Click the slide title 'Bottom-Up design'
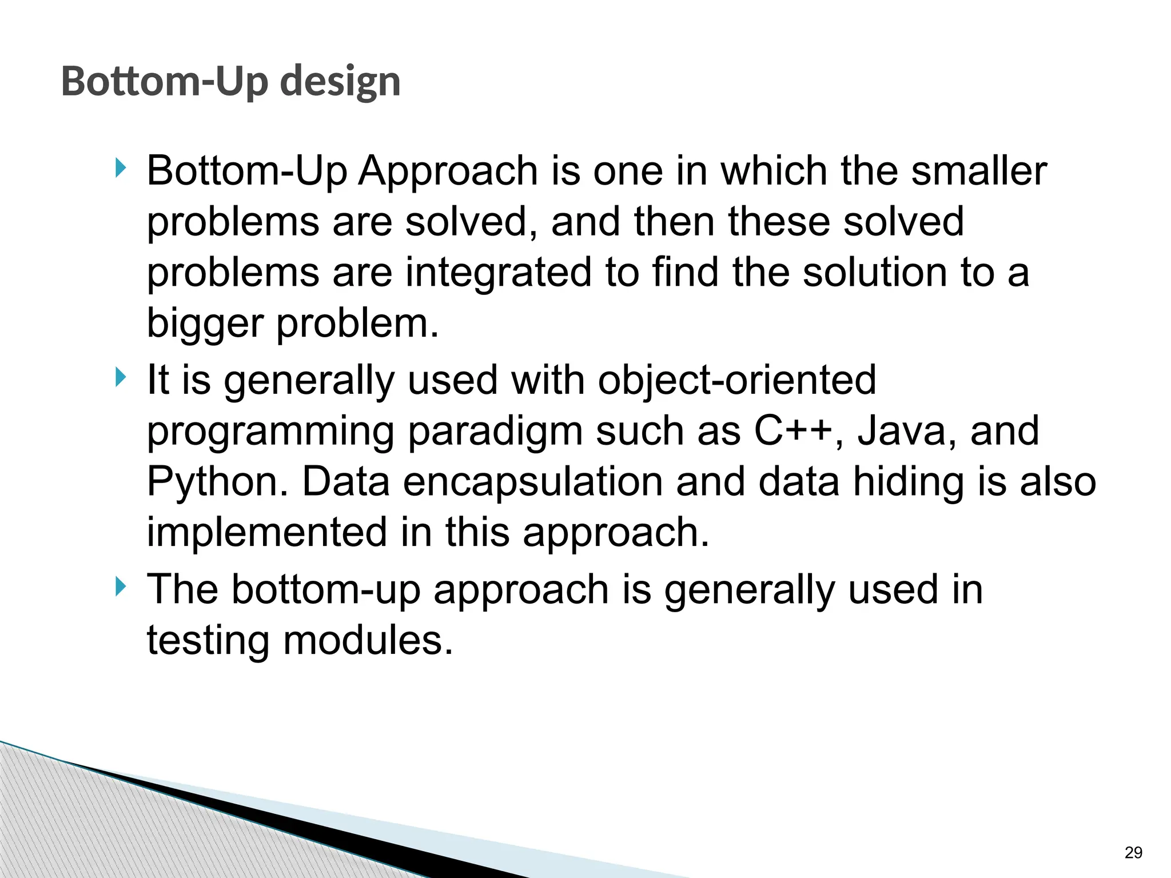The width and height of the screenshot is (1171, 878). pyautogui.click(x=230, y=82)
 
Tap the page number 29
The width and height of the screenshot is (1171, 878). pyautogui.click(x=1133, y=853)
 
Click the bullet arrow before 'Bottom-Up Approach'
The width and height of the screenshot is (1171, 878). pyautogui.click(x=119, y=168)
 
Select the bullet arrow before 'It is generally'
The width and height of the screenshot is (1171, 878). pyautogui.click(x=119, y=377)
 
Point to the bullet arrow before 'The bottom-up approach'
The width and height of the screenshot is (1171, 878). pyautogui.click(x=119, y=586)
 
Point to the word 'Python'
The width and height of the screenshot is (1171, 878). pyautogui.click(x=217, y=482)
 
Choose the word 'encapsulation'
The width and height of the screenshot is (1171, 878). pyautogui.click(x=533, y=482)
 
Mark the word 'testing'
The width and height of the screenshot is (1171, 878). pyautogui.click(x=208, y=640)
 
